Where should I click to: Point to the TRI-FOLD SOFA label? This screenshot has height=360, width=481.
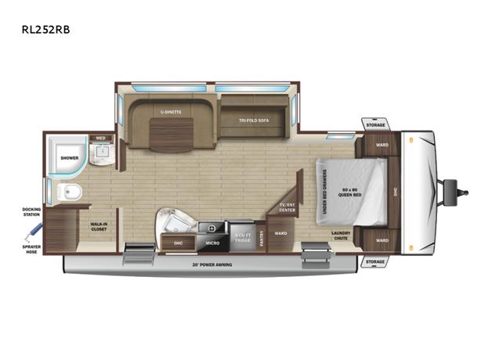pos(255,120)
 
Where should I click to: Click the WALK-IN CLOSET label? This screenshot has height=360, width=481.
pos(99,227)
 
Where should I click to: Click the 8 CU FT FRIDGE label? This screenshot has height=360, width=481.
pos(241,236)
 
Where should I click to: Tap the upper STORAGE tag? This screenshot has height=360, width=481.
pos(374,124)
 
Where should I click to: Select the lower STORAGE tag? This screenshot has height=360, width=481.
pos(374,261)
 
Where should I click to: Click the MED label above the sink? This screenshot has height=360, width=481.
pos(100,139)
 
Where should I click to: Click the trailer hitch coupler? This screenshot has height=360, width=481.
pos(452,189)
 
